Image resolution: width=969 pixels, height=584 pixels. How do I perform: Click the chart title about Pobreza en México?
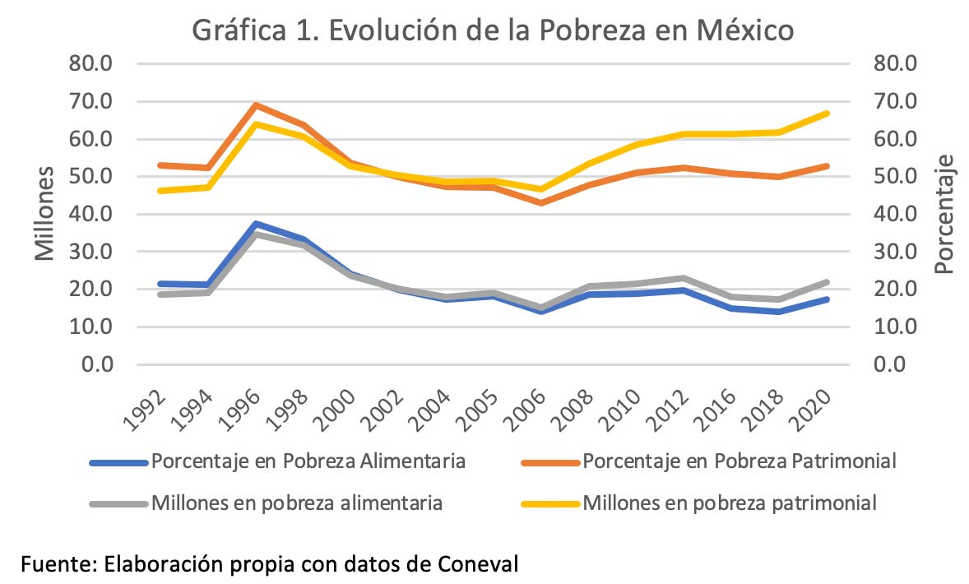tap(493, 30)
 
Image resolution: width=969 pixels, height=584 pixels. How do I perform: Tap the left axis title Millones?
tap(44, 212)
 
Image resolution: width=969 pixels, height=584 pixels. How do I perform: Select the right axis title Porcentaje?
tap(944, 214)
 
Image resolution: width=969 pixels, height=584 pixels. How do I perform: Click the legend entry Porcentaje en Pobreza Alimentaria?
tap(308, 461)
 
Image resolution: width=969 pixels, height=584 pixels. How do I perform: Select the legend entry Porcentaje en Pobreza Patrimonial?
tap(739, 461)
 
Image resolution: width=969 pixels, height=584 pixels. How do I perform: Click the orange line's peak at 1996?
tap(257, 105)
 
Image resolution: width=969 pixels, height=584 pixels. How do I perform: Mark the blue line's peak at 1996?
tap(257, 224)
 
